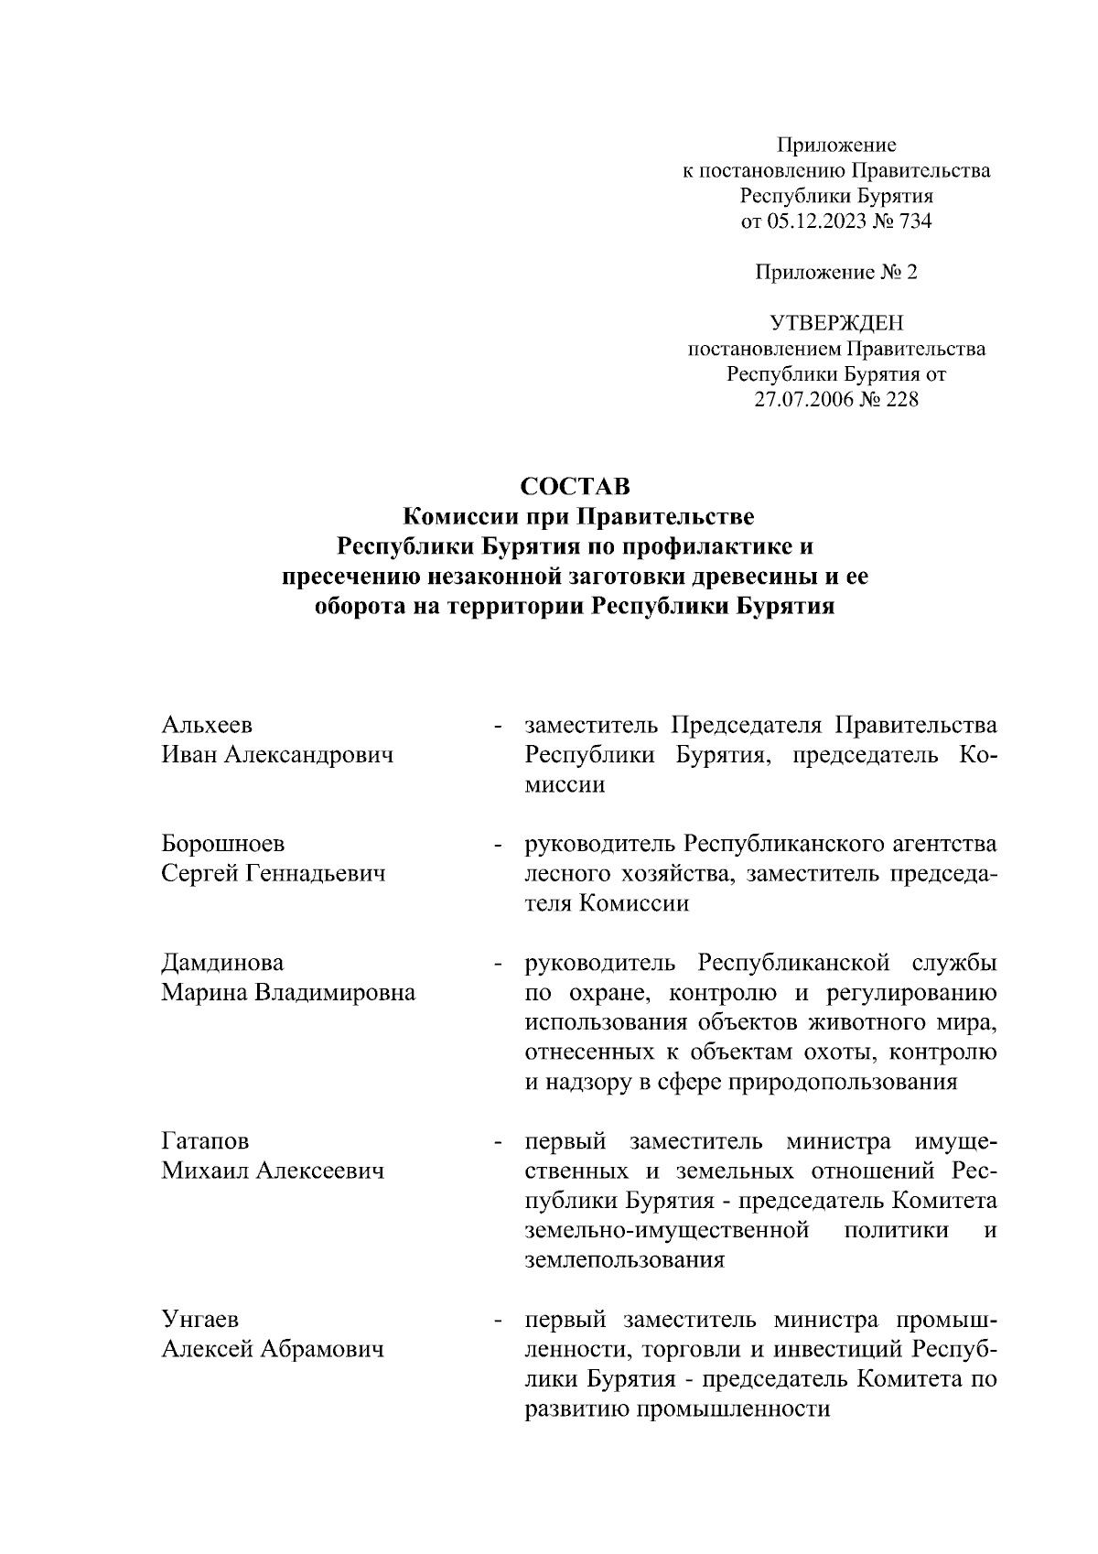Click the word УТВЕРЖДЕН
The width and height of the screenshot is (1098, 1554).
(x=835, y=323)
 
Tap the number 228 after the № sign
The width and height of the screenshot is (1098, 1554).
(x=900, y=400)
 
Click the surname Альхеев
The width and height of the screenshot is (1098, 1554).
(x=207, y=725)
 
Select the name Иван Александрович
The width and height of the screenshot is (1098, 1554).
(x=277, y=755)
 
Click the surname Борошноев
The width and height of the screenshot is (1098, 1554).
(x=222, y=843)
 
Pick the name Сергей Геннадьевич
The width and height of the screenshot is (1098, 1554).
(x=274, y=873)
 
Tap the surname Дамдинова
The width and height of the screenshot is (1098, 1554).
(x=222, y=963)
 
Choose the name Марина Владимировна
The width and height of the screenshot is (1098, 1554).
(x=288, y=993)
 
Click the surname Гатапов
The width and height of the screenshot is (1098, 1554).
(x=205, y=1141)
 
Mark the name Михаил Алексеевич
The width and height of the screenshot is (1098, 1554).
(x=273, y=1171)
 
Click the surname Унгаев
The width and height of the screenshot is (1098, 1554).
(x=199, y=1320)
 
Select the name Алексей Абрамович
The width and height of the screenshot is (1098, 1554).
(x=273, y=1350)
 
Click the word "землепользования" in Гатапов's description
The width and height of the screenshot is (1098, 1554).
(x=624, y=1260)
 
